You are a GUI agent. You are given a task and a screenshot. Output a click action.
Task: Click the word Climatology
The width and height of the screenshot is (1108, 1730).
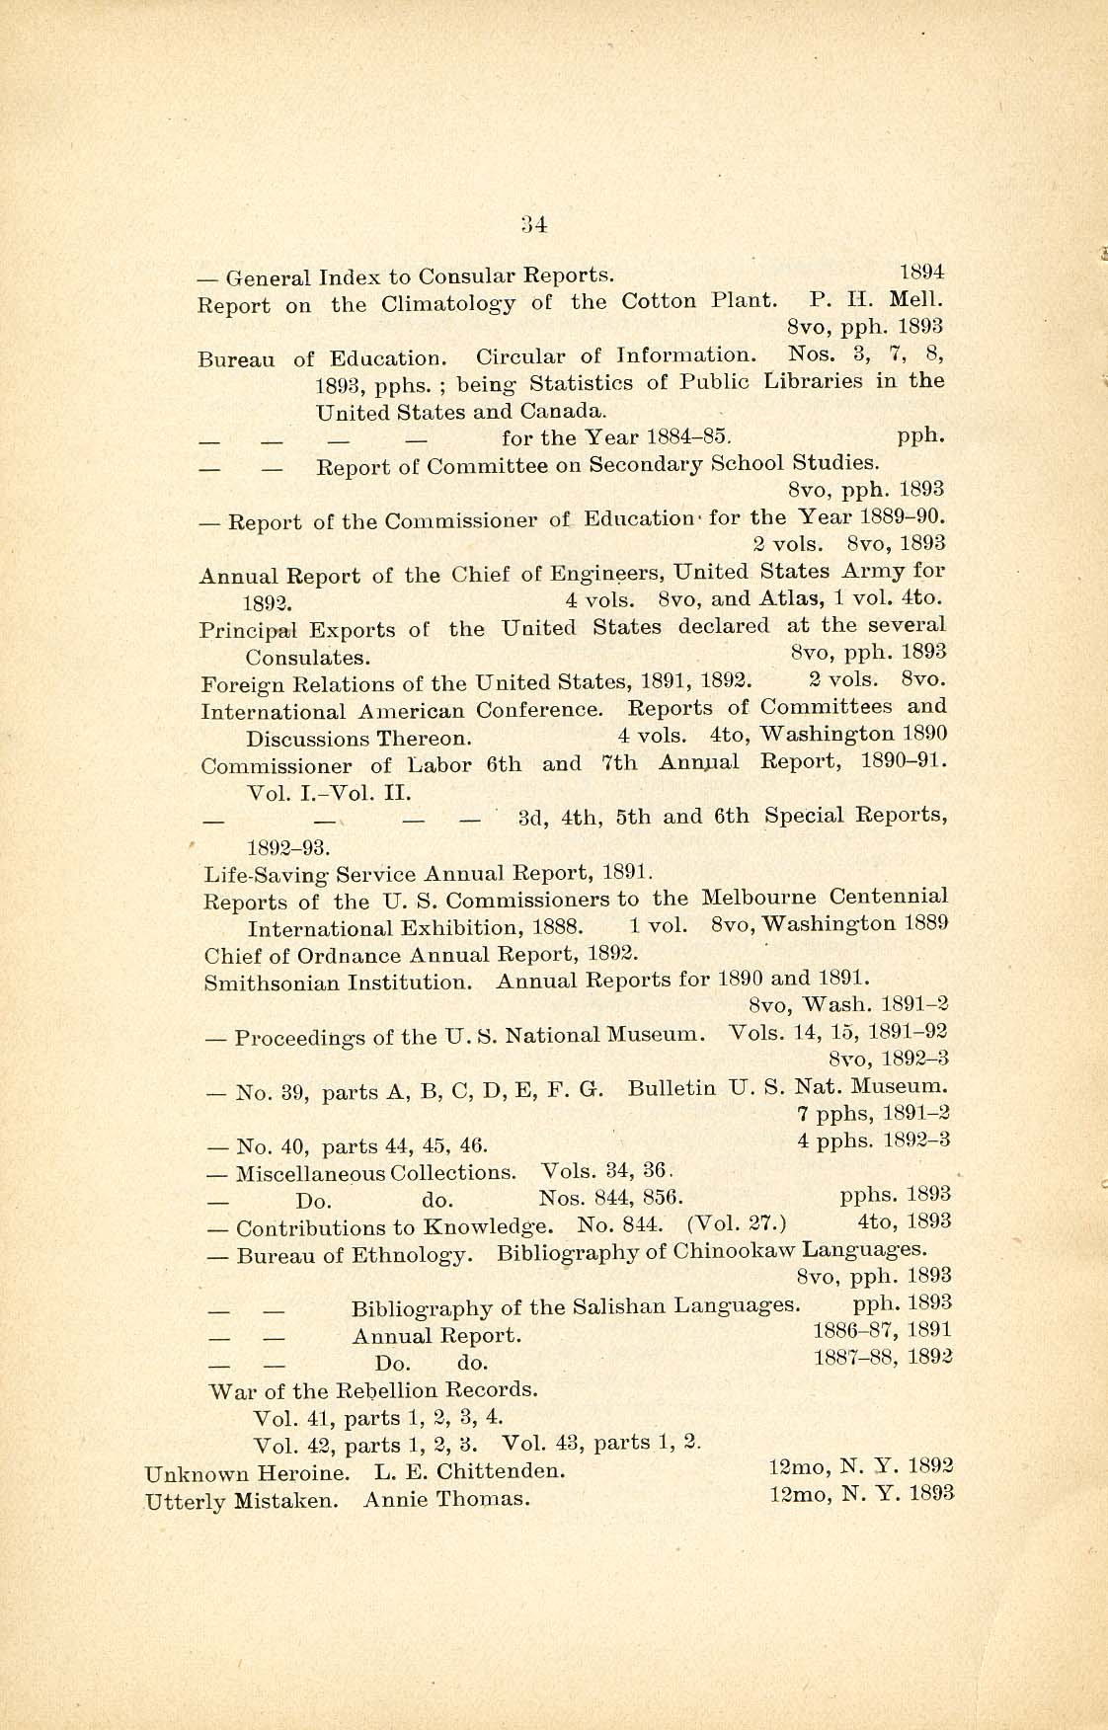pyautogui.click(x=448, y=303)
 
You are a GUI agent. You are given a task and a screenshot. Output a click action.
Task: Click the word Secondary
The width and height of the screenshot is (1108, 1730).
pyautogui.click(x=649, y=464)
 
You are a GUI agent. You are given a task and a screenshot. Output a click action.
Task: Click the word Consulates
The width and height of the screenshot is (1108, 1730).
pyautogui.click(x=308, y=657)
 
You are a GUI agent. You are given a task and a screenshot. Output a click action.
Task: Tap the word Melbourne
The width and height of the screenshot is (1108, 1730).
pyautogui.click(x=758, y=899)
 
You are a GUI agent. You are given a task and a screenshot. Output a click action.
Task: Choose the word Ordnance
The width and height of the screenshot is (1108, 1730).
pyautogui.click(x=342, y=955)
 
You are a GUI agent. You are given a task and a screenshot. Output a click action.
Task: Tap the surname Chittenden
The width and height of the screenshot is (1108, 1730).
pyautogui.click(x=501, y=1471)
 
